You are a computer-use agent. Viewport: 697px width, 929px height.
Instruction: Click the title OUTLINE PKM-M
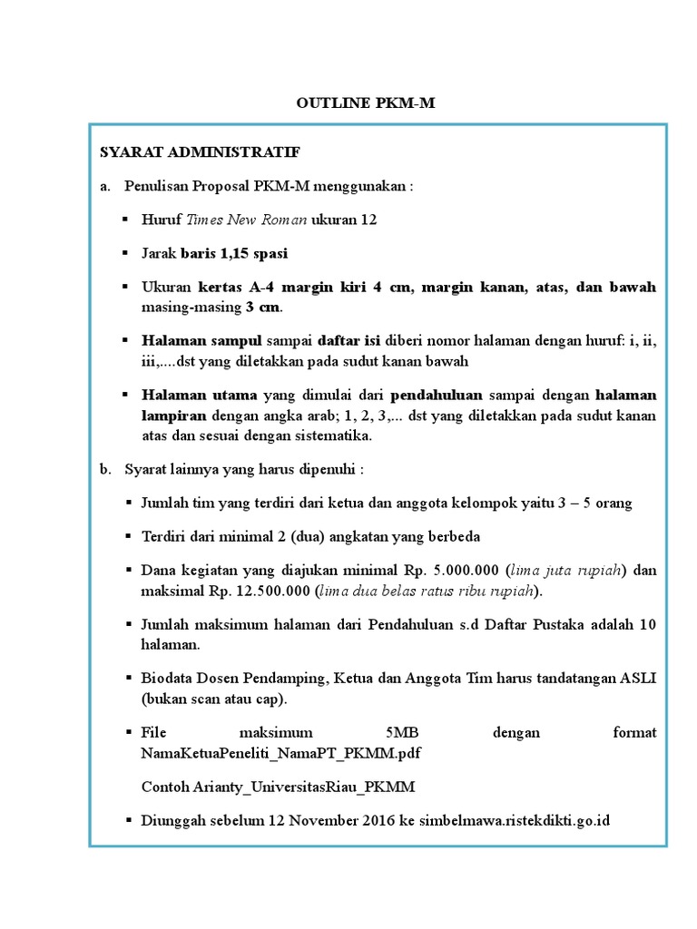(x=366, y=103)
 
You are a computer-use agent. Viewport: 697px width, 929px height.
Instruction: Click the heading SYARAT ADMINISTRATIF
(x=200, y=152)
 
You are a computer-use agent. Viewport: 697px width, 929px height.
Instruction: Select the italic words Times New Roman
(x=247, y=220)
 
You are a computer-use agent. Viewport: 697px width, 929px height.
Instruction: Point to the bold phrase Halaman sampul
(x=201, y=341)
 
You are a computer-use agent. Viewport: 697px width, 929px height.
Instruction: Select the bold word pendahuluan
(x=437, y=396)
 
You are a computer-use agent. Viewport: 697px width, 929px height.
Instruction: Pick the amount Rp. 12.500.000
(x=262, y=592)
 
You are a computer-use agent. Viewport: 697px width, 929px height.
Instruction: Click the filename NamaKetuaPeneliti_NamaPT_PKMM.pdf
(x=280, y=753)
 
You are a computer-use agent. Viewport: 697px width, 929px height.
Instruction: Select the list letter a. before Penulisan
(x=105, y=186)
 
